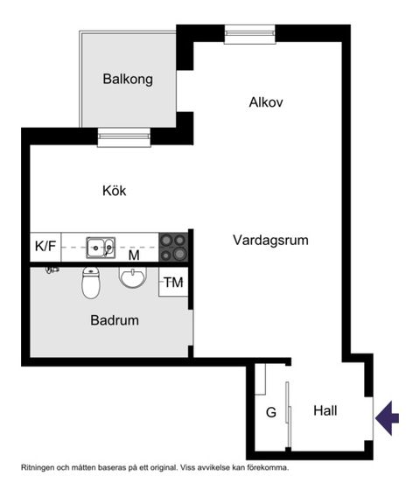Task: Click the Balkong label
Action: click(128, 80)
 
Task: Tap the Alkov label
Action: click(265, 102)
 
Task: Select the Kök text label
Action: click(115, 190)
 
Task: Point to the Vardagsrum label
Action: click(270, 240)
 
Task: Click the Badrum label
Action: click(115, 320)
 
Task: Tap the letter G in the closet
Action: click(270, 411)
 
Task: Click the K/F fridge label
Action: click(45, 247)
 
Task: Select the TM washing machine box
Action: click(174, 283)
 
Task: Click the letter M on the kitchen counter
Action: click(134, 256)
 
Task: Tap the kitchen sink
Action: click(100, 247)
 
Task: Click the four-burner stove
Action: click(173, 247)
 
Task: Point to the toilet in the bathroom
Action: click(91, 282)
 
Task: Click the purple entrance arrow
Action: click(388, 417)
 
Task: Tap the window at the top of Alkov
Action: click(250, 34)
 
